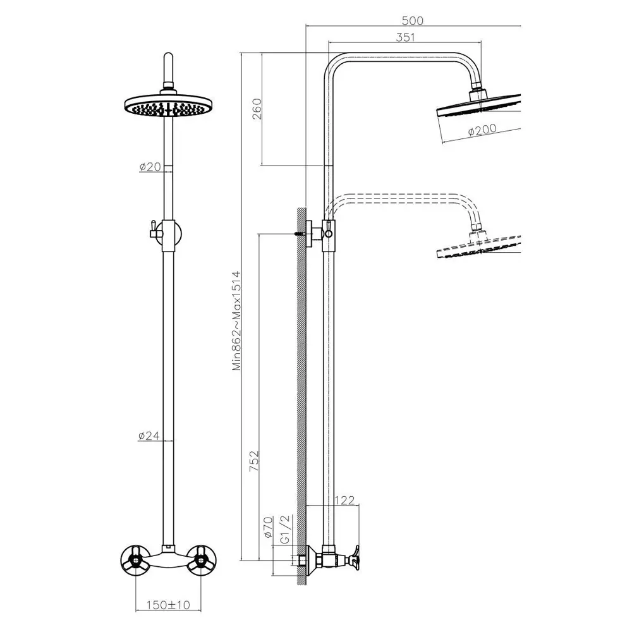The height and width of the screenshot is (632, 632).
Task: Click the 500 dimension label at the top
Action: pyautogui.click(x=412, y=21)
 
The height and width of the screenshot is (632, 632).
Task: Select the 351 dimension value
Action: pyautogui.click(x=405, y=37)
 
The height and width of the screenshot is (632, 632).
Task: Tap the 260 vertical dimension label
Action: pyautogui.click(x=257, y=109)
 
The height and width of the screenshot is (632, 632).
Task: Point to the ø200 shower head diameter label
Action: pyautogui.click(x=482, y=130)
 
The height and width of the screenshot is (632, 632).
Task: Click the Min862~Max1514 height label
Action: pyautogui.click(x=236, y=320)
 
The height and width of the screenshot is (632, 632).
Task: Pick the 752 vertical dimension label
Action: pyautogui.click(x=254, y=461)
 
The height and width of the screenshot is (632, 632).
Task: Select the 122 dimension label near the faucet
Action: pyautogui.click(x=344, y=500)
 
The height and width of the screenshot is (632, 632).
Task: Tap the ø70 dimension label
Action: pyautogui.click(x=268, y=528)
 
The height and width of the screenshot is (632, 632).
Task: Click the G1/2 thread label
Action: pyautogui.click(x=285, y=529)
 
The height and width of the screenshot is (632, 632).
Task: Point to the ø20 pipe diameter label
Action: pyautogui.click(x=150, y=166)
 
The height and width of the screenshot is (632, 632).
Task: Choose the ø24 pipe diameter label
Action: pyautogui.click(x=149, y=435)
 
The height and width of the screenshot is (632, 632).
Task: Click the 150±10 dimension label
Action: pyautogui.click(x=168, y=605)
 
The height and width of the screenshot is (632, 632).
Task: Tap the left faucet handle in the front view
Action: pyautogui.click(x=135, y=561)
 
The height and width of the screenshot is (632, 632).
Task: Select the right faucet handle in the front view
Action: pyautogui.click(x=201, y=561)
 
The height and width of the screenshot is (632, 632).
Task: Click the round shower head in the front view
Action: pyautogui.click(x=168, y=106)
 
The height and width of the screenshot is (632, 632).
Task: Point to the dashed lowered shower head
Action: pyautogui.click(x=479, y=247)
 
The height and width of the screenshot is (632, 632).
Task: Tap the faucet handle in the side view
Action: pyautogui.click(x=355, y=558)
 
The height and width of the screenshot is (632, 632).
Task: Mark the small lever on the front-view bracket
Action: pyautogui.click(x=153, y=229)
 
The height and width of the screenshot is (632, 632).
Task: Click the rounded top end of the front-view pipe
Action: pyautogui.click(x=169, y=56)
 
